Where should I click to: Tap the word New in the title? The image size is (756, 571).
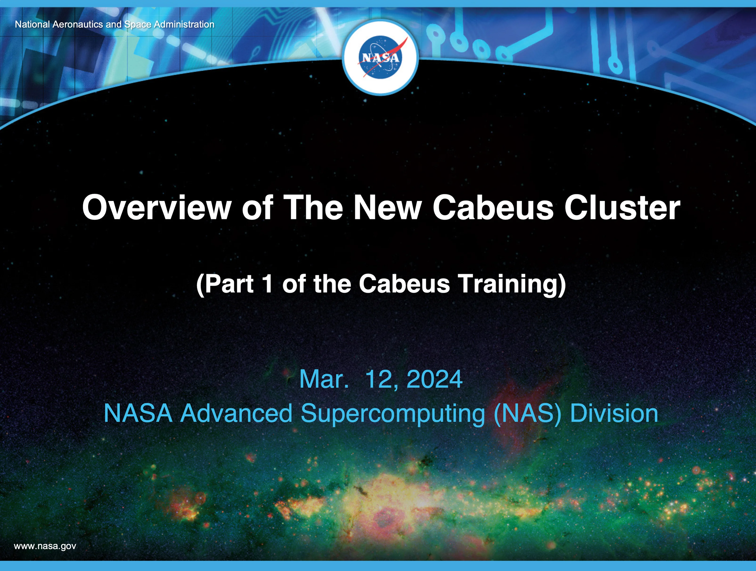[388, 208]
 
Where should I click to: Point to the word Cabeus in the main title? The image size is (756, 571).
[493, 208]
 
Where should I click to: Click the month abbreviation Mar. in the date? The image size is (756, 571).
[324, 379]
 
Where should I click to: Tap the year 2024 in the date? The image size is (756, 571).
[434, 379]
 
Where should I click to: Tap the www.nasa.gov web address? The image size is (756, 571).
[45, 546]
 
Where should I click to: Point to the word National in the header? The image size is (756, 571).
[33, 24]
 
